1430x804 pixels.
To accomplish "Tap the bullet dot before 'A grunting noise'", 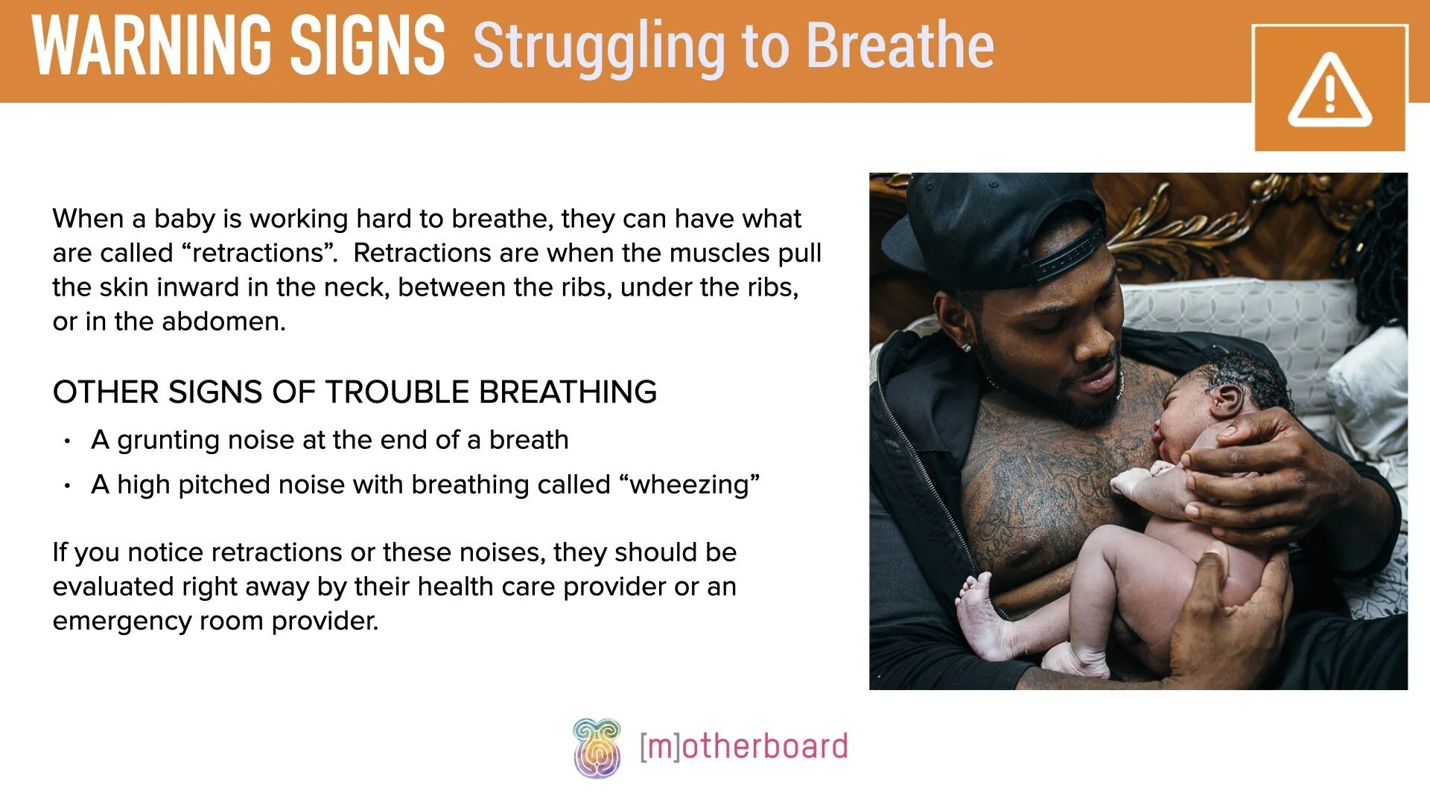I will click(68, 441).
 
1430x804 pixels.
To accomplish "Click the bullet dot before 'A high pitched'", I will click(68, 486).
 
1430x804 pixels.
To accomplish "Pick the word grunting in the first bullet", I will click(168, 441).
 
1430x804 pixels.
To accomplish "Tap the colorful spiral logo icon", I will click(597, 747).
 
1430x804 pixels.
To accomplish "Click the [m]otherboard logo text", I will click(743, 747).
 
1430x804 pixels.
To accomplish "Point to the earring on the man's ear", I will click(967, 347).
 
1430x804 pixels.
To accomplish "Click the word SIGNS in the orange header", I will click(367, 46).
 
